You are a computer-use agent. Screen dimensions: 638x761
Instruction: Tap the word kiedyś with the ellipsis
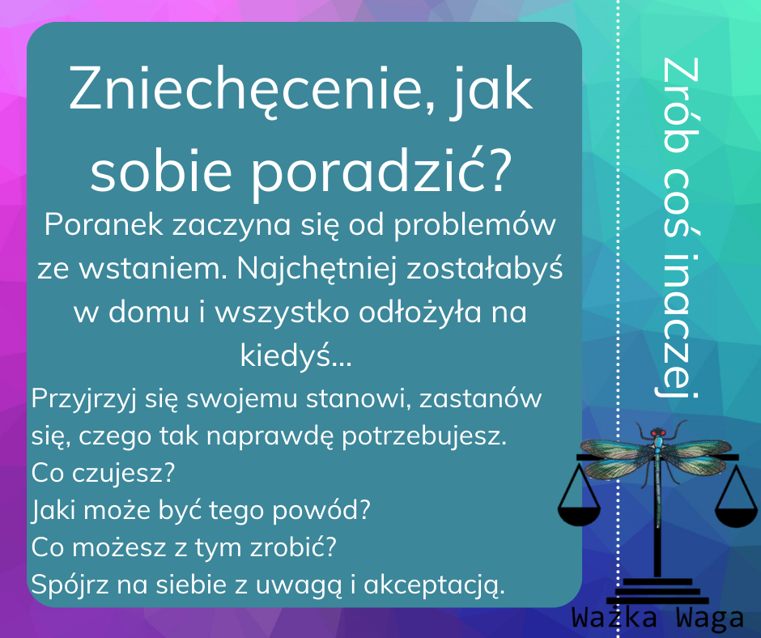point(295,356)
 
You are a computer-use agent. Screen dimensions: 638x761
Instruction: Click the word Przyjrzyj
point(80,400)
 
